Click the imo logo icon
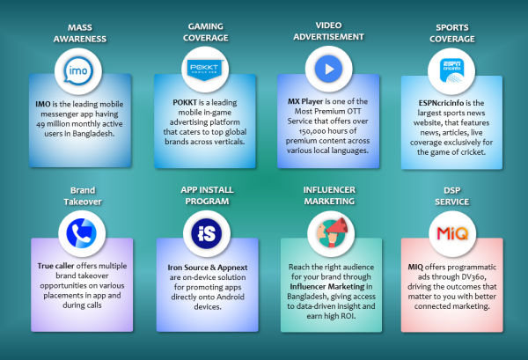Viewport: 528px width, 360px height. tap(78, 70)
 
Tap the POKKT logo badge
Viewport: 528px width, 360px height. tap(204, 70)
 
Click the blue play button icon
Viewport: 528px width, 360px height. tap(328, 69)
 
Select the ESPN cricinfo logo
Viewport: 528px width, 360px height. tap(451, 70)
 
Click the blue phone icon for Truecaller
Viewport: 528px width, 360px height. tap(82, 233)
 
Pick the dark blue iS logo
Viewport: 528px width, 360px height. tap(207, 233)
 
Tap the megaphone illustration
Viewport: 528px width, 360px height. tap(332, 232)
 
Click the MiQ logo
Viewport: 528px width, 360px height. tap(452, 233)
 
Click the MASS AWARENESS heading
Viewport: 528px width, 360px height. tap(80, 33)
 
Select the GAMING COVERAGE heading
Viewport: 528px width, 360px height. tap(205, 32)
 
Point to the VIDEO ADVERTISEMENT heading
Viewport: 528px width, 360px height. tap(328, 31)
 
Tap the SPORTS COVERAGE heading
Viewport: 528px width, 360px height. tap(452, 33)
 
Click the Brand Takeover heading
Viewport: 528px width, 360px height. tap(83, 196)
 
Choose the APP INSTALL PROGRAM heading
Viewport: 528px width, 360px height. tap(207, 195)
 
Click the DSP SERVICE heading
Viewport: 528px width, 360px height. tap(452, 196)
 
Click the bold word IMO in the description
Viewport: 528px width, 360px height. tap(43, 104)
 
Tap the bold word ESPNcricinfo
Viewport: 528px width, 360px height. tap(441, 103)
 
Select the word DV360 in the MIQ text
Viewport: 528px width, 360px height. tap(473, 276)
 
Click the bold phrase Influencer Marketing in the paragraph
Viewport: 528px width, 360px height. tap(327, 287)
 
